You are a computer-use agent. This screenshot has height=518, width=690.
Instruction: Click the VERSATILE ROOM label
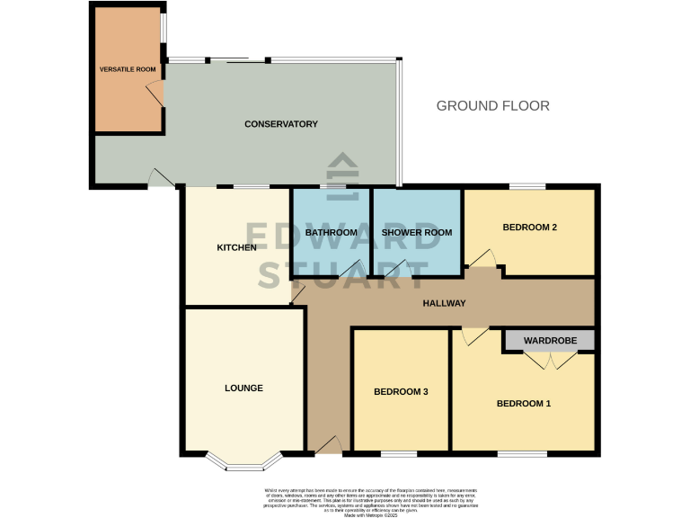coord(127,68)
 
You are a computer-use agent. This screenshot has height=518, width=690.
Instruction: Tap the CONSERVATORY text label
coord(281,124)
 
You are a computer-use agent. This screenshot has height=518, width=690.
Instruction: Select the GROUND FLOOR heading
coord(492,106)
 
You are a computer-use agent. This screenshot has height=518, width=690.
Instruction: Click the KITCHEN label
coord(237,247)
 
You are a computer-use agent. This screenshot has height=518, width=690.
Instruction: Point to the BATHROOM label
coord(332,232)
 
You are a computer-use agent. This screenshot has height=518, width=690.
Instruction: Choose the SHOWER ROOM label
coord(416,232)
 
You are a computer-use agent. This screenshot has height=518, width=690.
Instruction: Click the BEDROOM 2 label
coord(529,228)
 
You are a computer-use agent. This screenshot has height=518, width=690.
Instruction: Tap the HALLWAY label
coord(444,303)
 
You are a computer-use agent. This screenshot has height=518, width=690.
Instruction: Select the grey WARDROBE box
coord(549,341)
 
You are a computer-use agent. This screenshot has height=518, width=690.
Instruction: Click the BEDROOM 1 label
coord(523,404)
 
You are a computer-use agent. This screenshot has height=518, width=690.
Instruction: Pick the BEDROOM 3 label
coord(401,392)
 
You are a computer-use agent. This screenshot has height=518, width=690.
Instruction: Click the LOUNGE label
coord(243,388)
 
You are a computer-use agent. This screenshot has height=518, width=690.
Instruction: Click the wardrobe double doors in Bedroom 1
coord(549,361)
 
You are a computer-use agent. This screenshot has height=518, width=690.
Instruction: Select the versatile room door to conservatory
coord(155,92)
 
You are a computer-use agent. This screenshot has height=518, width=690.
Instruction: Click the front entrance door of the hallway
coord(327,444)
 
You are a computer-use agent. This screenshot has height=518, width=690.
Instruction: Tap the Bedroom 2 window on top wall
coord(528,186)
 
